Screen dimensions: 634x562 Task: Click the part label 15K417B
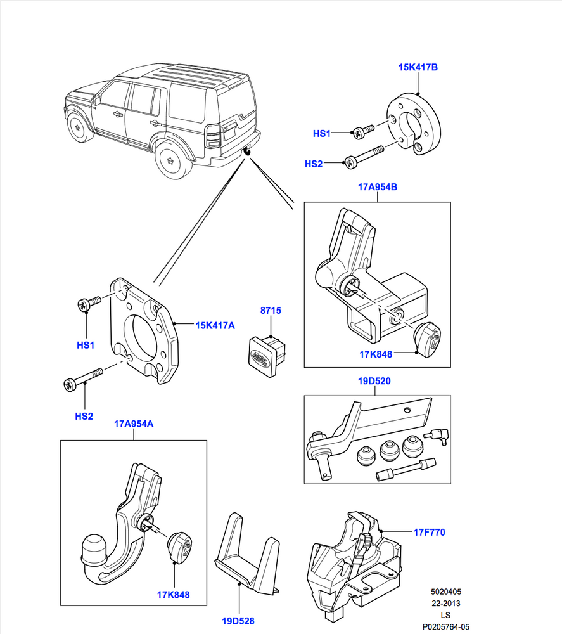(x=418, y=67)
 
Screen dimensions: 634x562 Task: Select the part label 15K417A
(x=215, y=325)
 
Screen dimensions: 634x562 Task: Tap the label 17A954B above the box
(x=377, y=187)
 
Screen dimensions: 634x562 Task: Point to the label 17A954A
(x=134, y=424)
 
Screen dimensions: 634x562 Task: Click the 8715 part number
(x=271, y=311)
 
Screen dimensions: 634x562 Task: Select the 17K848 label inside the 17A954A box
(x=173, y=595)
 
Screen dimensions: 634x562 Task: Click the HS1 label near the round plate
(x=322, y=134)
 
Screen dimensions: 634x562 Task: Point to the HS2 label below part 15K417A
(x=84, y=416)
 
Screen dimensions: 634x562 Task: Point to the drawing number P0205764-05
(x=446, y=626)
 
